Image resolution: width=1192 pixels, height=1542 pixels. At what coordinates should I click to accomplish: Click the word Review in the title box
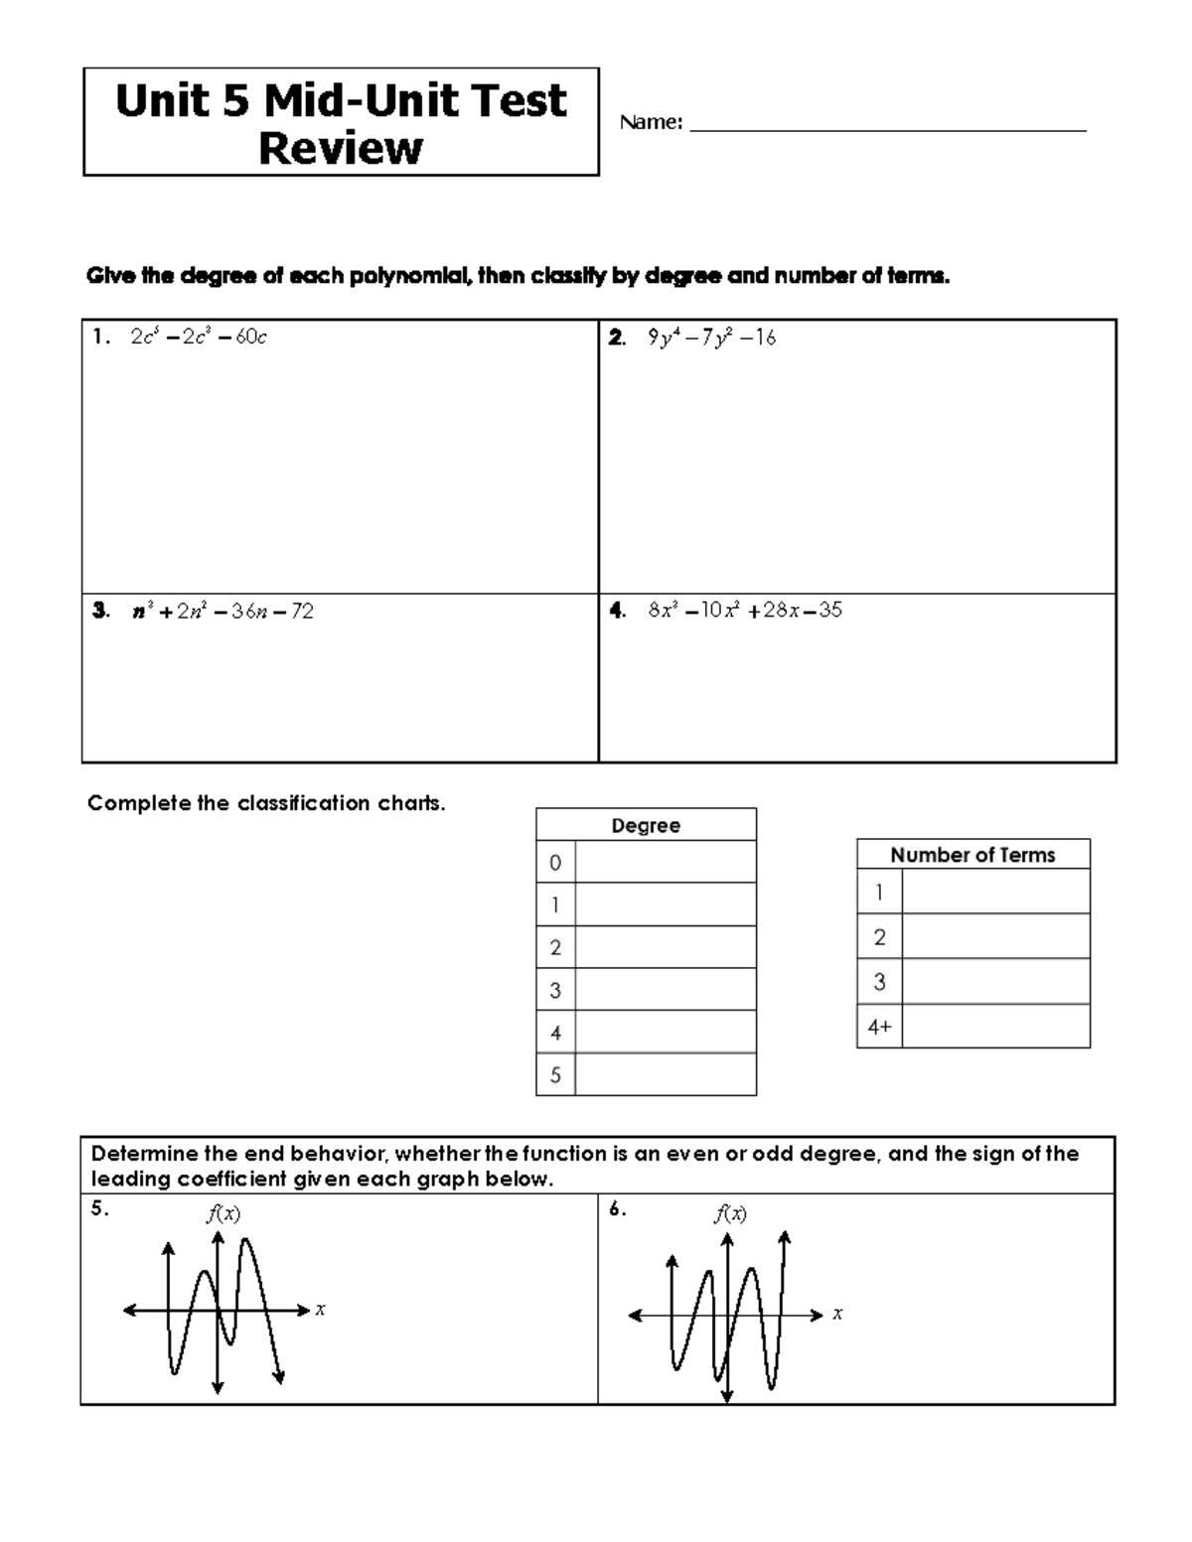point(340,149)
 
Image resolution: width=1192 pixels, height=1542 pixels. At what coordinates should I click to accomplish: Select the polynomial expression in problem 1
point(199,338)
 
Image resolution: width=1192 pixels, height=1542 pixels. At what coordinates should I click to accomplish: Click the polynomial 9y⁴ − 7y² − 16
point(711,338)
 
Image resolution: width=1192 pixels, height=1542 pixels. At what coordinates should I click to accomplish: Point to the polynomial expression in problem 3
point(223,612)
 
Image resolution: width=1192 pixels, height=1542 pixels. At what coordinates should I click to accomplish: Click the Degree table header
point(646,825)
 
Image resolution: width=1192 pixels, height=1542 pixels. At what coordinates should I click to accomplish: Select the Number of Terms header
point(972,855)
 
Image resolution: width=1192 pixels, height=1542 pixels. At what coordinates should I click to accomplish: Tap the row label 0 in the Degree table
point(555,863)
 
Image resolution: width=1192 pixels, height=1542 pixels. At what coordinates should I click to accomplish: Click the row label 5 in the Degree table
point(555,1075)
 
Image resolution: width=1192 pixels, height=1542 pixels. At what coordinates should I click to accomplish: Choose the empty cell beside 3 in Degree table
point(666,990)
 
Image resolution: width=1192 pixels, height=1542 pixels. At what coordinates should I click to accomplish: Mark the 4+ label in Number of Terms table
point(879,1028)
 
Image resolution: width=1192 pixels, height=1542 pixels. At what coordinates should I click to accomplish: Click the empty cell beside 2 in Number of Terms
point(995,936)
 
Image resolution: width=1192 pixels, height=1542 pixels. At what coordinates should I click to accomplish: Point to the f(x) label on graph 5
point(223,1213)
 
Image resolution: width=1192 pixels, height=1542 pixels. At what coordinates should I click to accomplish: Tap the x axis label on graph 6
point(837,1314)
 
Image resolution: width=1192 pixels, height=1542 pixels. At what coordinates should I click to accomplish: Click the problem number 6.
point(617,1209)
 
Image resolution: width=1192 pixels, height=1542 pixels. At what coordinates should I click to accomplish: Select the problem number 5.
point(98,1209)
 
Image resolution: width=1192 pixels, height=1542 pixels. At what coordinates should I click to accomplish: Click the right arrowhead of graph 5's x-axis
point(304,1311)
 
